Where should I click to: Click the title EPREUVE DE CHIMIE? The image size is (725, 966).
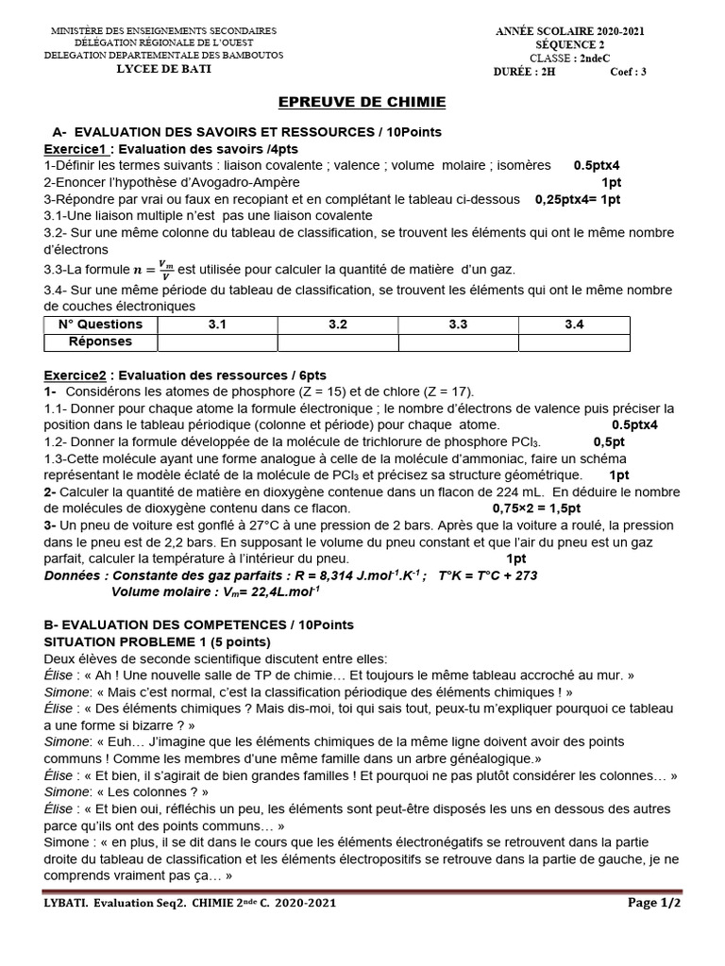(x=361, y=102)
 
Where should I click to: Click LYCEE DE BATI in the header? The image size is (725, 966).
(x=163, y=69)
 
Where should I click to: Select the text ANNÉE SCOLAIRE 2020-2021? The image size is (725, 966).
(x=570, y=31)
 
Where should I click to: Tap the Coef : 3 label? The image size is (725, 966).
(x=628, y=72)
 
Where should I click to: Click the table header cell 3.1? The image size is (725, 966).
(x=217, y=325)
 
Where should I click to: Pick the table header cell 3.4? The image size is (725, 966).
(x=574, y=325)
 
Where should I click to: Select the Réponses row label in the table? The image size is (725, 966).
(x=100, y=341)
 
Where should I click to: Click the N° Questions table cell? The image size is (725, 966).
(x=100, y=325)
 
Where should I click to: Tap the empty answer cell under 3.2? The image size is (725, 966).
(x=337, y=341)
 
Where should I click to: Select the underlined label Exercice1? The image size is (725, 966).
(x=76, y=149)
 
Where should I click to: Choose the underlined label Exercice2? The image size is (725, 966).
(x=76, y=375)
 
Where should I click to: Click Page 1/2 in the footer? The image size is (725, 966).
(x=654, y=903)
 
